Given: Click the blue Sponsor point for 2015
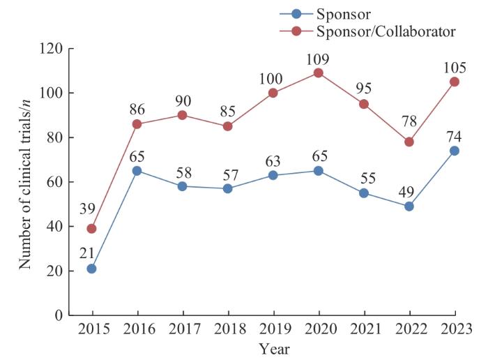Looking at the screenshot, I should tap(91, 269).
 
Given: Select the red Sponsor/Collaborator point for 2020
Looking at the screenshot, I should tap(318, 73).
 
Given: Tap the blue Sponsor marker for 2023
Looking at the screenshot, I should tap(455, 151).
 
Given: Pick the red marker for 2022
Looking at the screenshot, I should tap(409, 142).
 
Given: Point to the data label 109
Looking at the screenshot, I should tap(318, 57).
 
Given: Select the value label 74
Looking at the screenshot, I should tap(454, 135).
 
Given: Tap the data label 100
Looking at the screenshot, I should tap(273, 77).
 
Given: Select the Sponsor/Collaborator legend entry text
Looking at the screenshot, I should tap(386, 31).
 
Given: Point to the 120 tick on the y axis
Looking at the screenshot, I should tap(51, 49).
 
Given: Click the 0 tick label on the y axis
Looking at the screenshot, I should tap(58, 315).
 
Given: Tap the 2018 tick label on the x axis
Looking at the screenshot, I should tap(227, 329).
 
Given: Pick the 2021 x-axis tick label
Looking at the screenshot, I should tap(364, 329).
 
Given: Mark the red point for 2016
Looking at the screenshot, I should tap(137, 124).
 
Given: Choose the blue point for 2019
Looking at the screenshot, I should tap(273, 175).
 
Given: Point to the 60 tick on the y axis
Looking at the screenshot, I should tap(54, 182).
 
